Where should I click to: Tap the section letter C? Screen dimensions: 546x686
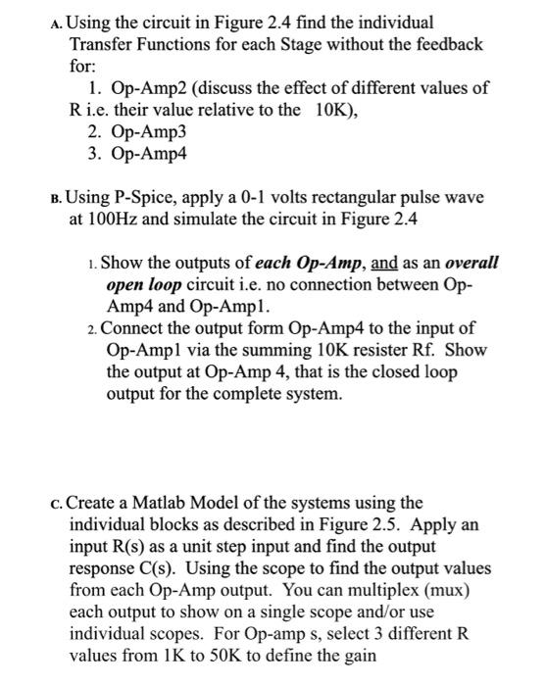tap(55, 505)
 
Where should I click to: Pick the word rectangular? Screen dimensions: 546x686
tap(366, 197)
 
